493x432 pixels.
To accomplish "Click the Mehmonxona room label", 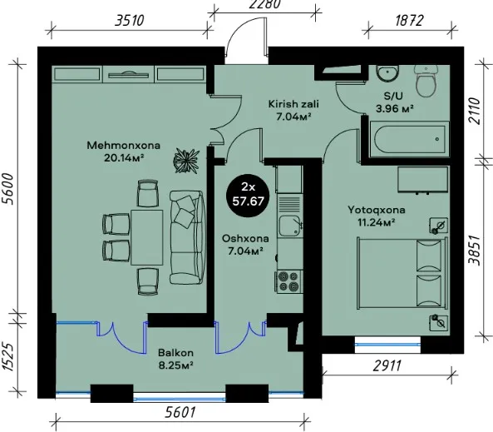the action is coord(123,145).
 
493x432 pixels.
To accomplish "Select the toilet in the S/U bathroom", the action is coord(426,81).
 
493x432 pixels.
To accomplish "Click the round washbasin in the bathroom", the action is coord(387,74).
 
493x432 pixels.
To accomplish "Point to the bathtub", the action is coord(408,139).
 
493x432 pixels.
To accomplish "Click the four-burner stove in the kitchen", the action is coord(288,281).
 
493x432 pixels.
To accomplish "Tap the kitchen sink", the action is coord(289,225).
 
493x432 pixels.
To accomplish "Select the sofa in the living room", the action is coord(186,237).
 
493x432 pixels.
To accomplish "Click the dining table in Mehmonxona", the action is coord(147,237).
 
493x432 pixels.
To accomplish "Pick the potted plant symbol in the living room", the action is coord(186,161).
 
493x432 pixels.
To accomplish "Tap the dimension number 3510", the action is coord(130,21).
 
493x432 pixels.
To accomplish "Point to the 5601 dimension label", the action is coord(180,412).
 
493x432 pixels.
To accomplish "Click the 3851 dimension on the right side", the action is coord(475,251).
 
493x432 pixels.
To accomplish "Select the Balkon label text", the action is coord(175,353).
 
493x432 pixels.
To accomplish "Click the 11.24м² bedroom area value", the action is coord(377,222).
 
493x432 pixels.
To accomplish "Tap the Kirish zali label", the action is coord(293,103).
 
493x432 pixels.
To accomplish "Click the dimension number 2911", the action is coord(387,366).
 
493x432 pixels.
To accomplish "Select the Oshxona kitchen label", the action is coord(245,238).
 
